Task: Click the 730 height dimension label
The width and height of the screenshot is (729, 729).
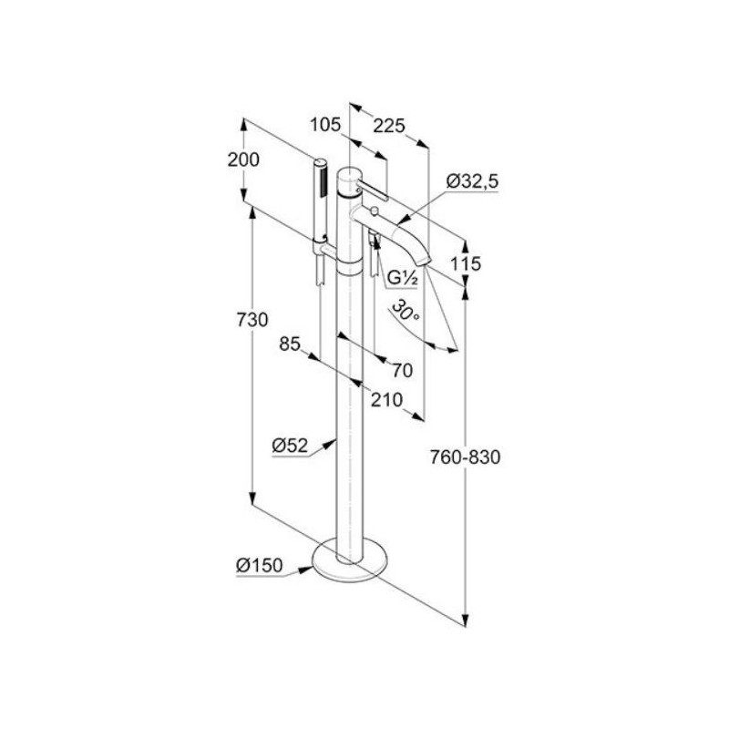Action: [x=252, y=320]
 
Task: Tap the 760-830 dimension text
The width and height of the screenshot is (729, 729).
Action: [x=465, y=457]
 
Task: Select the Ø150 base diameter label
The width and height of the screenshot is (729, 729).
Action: [x=260, y=565]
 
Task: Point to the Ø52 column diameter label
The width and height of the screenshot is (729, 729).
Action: [x=290, y=446]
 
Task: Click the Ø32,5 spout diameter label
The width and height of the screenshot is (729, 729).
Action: [x=472, y=180]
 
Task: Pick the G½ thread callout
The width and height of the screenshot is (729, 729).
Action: [x=403, y=279]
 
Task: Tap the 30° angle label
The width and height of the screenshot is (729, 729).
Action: [x=406, y=310]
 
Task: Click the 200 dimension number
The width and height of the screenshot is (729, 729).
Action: [x=243, y=160]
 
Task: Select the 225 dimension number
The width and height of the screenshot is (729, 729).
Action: [x=389, y=126]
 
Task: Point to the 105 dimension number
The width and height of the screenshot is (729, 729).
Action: [x=325, y=125]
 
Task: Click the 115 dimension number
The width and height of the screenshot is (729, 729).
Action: [x=466, y=264]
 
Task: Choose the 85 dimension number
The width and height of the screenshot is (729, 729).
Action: [x=290, y=344]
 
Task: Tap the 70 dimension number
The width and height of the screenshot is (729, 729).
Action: [x=403, y=371]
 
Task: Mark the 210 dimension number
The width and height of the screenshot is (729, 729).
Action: [x=386, y=400]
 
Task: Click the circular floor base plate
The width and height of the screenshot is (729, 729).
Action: [x=350, y=560]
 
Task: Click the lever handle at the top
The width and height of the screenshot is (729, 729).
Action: [x=372, y=190]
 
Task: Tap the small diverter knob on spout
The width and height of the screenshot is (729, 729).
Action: [x=374, y=212]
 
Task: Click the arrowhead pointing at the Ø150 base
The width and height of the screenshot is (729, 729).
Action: [x=306, y=568]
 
